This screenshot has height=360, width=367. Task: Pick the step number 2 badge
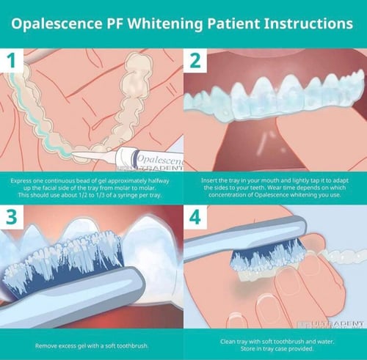[x=195, y=62]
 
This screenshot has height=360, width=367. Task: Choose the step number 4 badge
[x=195, y=218]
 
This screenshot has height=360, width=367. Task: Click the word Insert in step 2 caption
[x=211, y=180]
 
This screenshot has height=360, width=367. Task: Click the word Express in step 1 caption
[x=23, y=180]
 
